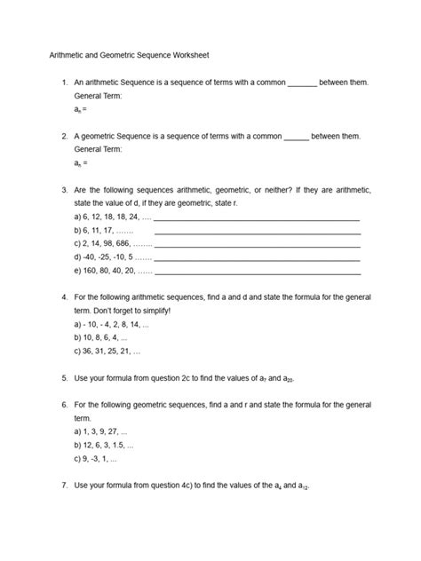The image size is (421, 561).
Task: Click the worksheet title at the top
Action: pos(129,54)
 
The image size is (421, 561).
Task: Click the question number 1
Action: pos(65,83)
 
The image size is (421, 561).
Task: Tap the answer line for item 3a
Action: pos(258,218)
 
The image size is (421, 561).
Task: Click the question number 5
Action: pos(65,378)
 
